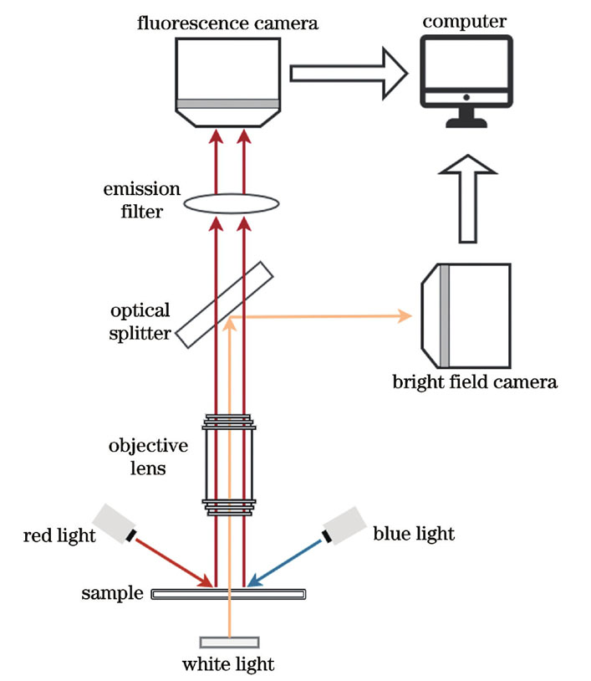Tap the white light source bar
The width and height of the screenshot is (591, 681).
coord(229,642)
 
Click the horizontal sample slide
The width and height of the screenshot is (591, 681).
coord(228,594)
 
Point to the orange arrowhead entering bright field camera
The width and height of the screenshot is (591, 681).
coord(405,316)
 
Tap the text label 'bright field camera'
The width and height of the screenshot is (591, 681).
coord(475,383)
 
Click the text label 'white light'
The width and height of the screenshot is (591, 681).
coord(228,666)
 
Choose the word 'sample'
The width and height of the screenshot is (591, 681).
coord(113,594)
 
